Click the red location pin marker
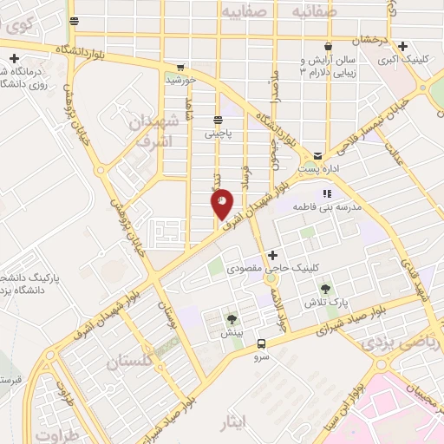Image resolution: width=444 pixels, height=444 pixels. (222, 203)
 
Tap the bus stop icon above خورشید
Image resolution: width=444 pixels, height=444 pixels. (180, 67)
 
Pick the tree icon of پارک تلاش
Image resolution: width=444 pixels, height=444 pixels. (325, 287)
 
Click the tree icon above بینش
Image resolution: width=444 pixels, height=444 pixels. (231, 318)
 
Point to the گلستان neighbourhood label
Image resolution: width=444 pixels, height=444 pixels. (129, 362)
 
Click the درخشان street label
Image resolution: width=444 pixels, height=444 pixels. (369, 40)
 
